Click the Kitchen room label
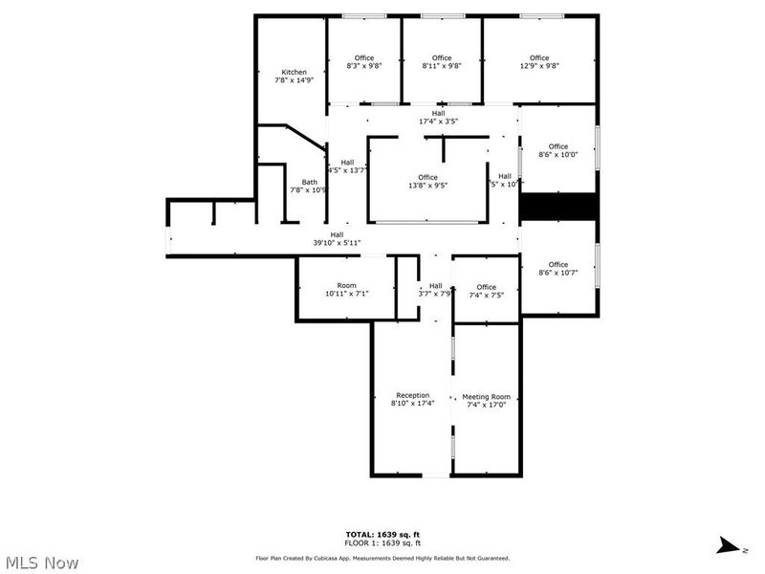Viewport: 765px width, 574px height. click(294, 77)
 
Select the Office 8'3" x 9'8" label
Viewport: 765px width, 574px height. click(364, 62)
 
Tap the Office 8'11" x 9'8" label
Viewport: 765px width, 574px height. click(442, 62)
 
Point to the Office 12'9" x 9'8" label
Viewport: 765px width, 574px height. click(539, 62)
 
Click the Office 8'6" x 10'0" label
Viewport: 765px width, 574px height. click(557, 150)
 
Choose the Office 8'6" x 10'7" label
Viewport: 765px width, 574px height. click(557, 269)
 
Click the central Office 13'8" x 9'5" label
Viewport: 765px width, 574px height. click(427, 182)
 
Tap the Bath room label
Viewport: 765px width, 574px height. click(310, 186)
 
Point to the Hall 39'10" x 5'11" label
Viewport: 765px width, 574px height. click(337, 239)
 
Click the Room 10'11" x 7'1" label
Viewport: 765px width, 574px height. click(346, 290)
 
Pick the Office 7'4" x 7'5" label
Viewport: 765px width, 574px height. click(486, 291)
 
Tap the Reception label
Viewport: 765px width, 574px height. click(413, 399)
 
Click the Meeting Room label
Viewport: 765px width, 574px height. click(486, 401)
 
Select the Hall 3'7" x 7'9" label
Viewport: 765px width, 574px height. click(435, 290)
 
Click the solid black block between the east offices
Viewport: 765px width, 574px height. click(558, 207)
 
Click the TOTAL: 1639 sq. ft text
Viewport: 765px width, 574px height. click(382, 533)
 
